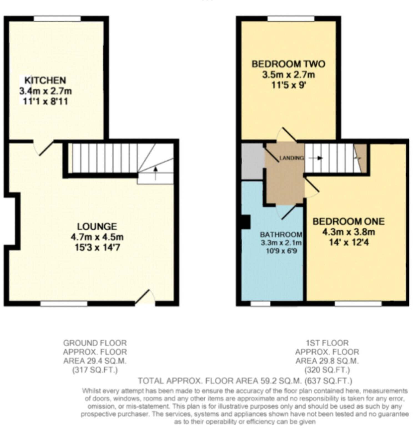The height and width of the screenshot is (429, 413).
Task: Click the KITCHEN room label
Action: [45, 80]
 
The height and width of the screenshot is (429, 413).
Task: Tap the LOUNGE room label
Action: [97, 227]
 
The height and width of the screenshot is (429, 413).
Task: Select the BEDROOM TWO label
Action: [288, 64]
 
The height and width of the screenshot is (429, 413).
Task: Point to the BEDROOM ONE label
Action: [349, 221]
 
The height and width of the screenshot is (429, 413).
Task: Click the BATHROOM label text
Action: [281, 235]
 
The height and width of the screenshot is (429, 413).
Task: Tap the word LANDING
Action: [291, 158]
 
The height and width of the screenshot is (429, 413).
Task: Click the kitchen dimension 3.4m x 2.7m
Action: [46, 91]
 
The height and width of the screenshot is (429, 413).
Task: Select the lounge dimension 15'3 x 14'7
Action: [97, 247]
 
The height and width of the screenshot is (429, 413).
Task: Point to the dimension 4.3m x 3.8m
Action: [349, 232]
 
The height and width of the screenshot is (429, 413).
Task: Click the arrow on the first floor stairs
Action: [316, 158]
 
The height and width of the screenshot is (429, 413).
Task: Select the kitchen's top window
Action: [57, 19]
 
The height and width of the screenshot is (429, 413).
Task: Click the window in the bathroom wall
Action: [261, 304]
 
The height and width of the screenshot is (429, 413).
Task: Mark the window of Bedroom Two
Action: [291, 19]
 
